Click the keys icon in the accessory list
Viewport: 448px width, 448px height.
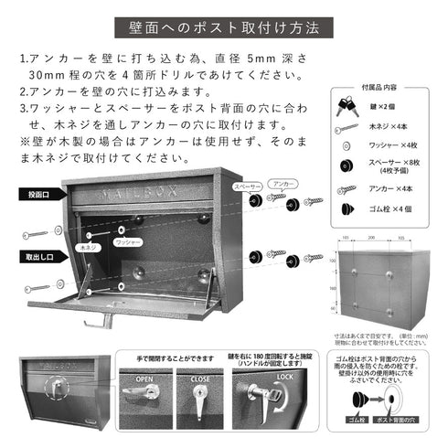tap(347, 106)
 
